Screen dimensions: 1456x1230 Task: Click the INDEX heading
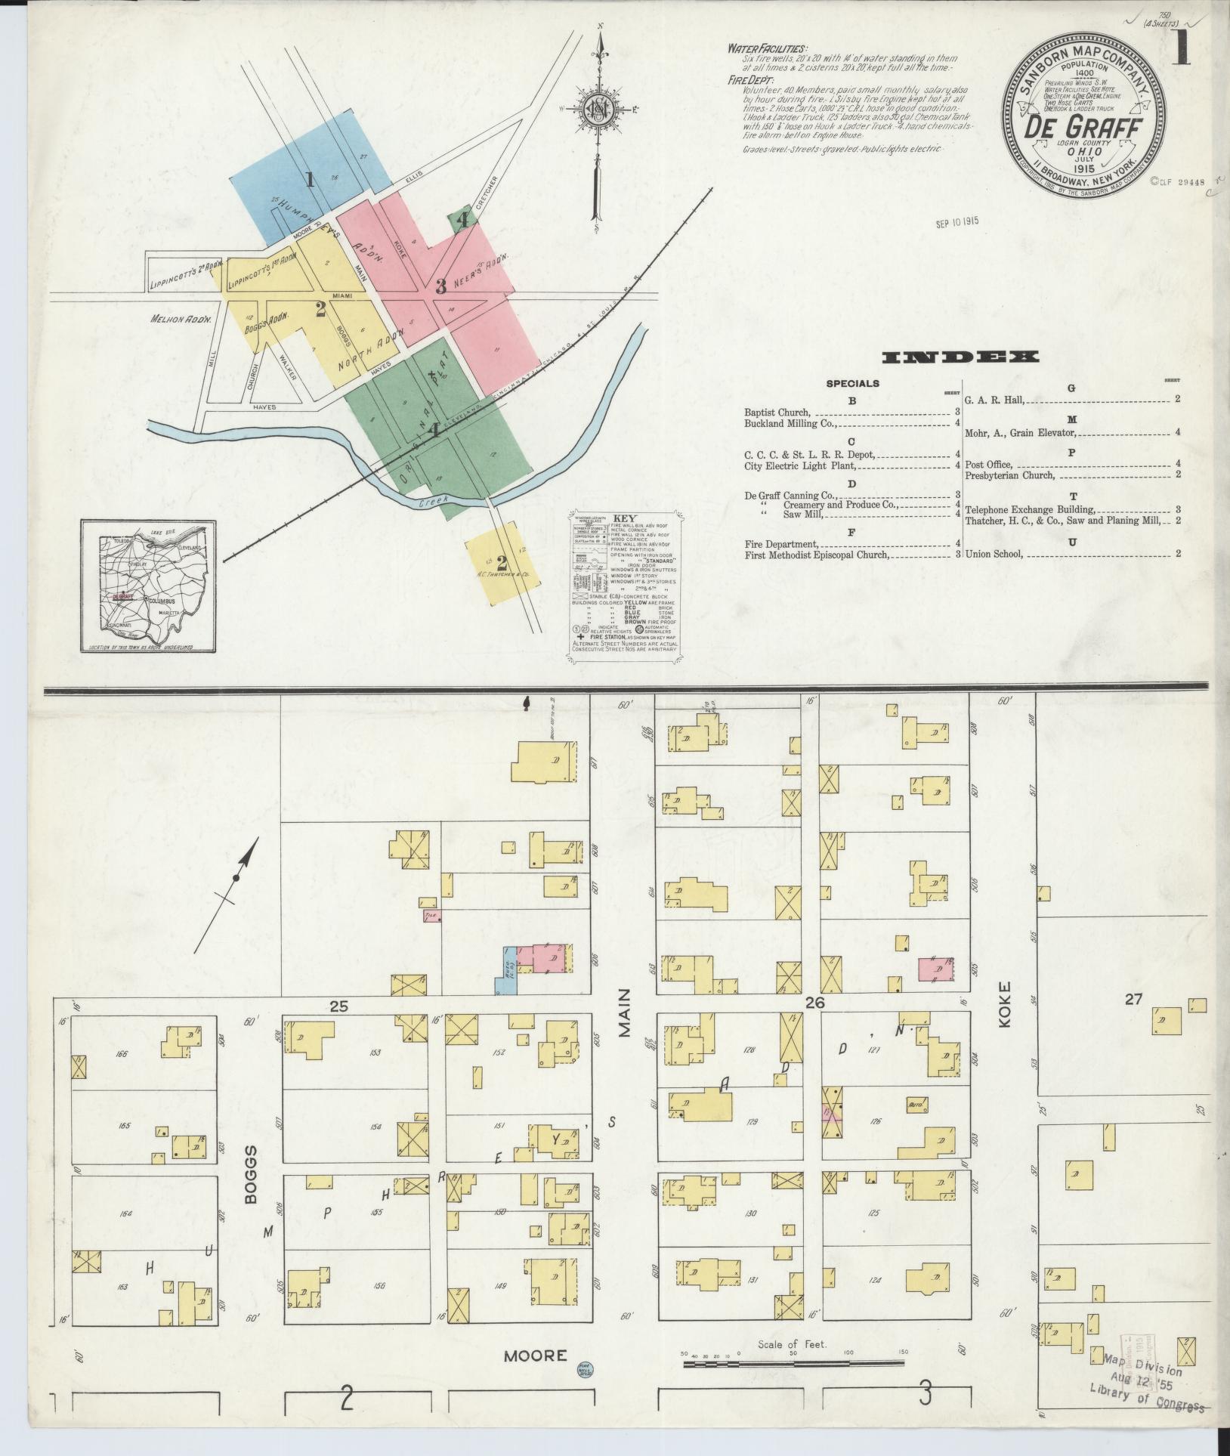(x=960, y=357)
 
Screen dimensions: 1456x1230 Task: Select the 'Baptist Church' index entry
(x=777, y=413)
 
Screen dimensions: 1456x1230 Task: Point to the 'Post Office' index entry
(x=988, y=464)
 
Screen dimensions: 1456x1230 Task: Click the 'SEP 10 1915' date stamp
(x=956, y=223)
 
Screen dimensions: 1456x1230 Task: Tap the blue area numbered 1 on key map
(x=309, y=180)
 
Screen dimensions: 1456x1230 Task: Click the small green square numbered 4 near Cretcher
(x=462, y=219)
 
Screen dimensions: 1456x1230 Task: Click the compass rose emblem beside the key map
(x=598, y=111)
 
